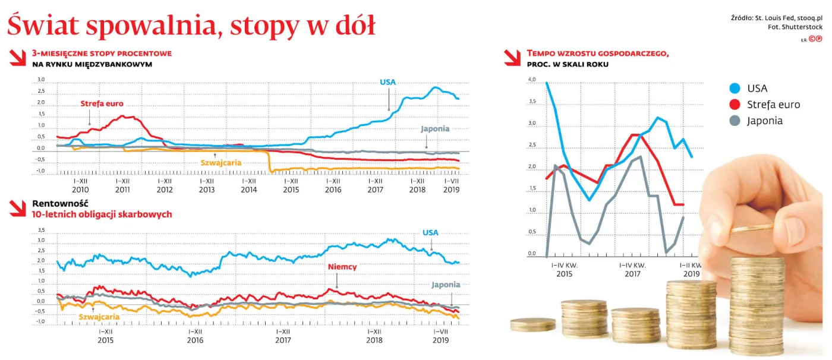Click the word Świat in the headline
coord(43,25)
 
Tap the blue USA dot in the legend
coord(735,89)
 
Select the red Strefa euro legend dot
coord(735,105)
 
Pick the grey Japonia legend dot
coord(735,121)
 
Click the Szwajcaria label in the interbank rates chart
coord(221,163)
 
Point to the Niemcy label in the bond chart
coord(342,267)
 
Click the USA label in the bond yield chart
coord(430,233)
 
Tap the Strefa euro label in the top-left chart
coord(102,103)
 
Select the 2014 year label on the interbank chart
coord(249,190)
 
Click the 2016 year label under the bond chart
coord(195,340)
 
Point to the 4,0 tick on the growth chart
coord(532,80)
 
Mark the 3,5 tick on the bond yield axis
coord(41,230)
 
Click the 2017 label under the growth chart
coord(632,274)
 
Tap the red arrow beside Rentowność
coord(17,209)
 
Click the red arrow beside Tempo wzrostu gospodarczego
coord(512,58)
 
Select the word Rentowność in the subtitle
coord(60,203)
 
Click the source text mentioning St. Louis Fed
coord(777,18)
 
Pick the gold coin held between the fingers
coord(752,228)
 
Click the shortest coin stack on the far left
coord(533,325)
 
